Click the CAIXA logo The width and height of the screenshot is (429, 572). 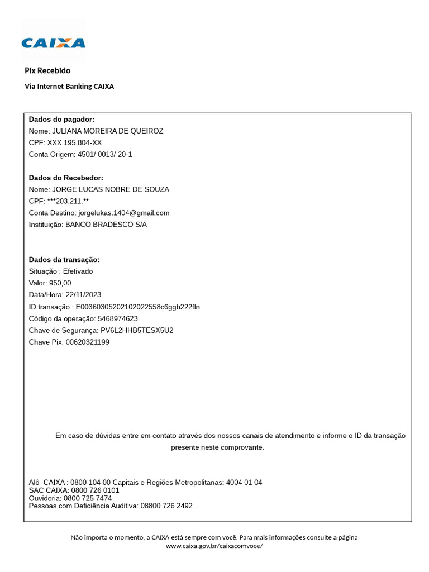[x=53, y=42]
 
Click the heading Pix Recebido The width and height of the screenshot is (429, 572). [x=47, y=70]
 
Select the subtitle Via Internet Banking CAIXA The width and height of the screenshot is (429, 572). [x=69, y=87]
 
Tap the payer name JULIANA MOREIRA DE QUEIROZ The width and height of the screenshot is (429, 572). [x=107, y=131]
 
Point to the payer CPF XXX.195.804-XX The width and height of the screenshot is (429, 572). [x=74, y=142]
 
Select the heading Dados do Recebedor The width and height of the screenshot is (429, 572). [x=66, y=178]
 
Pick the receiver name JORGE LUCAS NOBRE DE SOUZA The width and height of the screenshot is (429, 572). [x=111, y=189]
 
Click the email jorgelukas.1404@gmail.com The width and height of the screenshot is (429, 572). [x=123, y=213]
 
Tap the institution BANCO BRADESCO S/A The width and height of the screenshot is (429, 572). [x=106, y=225]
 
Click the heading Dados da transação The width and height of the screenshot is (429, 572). [x=64, y=260]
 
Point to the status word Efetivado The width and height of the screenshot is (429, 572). [x=78, y=271]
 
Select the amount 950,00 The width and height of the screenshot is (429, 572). [x=60, y=283]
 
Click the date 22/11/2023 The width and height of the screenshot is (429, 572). [x=83, y=295]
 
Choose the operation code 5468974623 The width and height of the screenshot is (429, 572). [x=118, y=318]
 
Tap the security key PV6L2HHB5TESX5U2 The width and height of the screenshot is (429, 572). [x=133, y=330]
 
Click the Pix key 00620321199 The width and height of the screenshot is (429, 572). [x=88, y=342]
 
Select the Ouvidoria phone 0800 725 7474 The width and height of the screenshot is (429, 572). [x=88, y=498]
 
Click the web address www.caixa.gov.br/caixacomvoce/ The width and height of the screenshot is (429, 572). [x=214, y=546]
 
